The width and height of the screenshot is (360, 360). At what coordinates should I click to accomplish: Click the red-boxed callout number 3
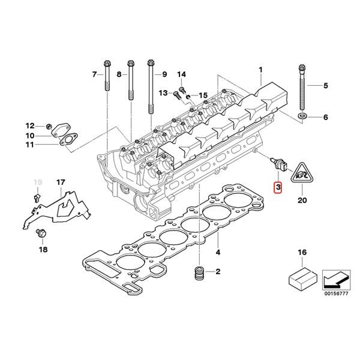tap(277, 188)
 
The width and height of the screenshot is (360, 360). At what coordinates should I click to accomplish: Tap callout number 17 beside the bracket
tap(60, 182)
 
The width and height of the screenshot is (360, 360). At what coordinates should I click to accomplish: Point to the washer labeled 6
tap(302, 115)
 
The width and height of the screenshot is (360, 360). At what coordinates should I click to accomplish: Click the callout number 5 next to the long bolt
tap(326, 86)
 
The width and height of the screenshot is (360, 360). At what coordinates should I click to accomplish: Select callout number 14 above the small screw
tap(180, 74)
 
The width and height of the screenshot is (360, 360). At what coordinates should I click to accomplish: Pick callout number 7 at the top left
tap(94, 74)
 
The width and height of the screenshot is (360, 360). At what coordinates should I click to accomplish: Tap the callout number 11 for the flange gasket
tap(29, 145)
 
